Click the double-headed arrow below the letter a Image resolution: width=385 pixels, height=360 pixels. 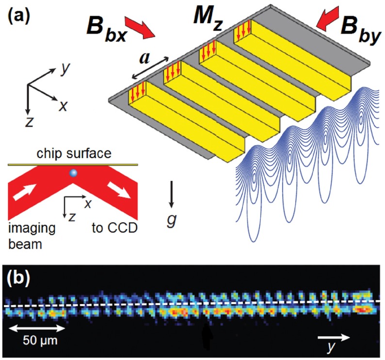pyautogui.click(x=152, y=69)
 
